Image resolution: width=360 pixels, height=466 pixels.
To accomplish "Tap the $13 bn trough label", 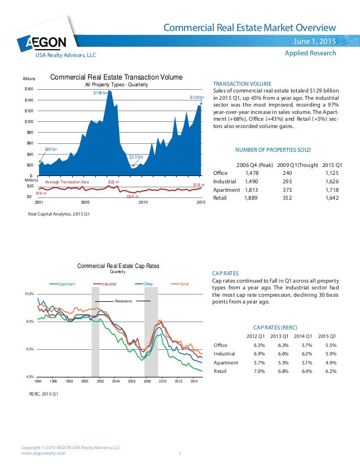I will coord(135,156).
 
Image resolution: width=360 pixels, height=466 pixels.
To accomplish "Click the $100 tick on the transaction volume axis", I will coord(29,121).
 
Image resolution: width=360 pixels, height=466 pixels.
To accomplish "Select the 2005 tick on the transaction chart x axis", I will coord(85,202).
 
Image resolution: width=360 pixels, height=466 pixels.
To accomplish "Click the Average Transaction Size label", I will coord(67,183).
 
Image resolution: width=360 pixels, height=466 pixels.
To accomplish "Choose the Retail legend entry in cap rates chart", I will coord(184,283).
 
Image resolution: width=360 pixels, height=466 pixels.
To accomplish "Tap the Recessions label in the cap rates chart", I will coord(123,301).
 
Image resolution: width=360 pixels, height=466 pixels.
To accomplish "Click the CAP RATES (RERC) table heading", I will coord(276,327).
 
